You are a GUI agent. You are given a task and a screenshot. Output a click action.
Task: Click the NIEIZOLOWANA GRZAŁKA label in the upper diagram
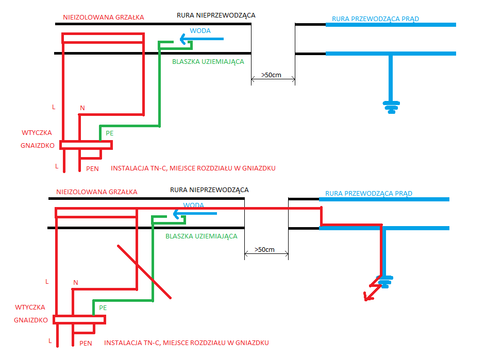click(x=104, y=18)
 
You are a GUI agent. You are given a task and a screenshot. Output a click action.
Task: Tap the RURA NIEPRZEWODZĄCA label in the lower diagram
click(x=209, y=190)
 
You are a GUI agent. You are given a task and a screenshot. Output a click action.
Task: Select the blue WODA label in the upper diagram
click(x=200, y=31)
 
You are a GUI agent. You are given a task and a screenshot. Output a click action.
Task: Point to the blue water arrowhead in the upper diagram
click(x=183, y=39)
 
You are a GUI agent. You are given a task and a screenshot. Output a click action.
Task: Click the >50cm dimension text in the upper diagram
click(x=271, y=75)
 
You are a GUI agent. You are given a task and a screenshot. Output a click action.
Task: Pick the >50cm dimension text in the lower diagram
click(x=264, y=250)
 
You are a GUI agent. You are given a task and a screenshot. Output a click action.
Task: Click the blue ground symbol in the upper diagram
click(x=392, y=107)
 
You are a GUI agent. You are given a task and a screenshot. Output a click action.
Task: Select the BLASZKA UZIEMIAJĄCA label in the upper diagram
click(x=208, y=62)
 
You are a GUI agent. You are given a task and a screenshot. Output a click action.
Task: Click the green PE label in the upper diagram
click(x=110, y=133)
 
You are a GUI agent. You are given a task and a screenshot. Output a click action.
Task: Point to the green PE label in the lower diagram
click(x=103, y=308)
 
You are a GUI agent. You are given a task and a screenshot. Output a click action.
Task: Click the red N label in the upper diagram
click(x=82, y=108)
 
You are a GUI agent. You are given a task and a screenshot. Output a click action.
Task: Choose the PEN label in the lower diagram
click(x=86, y=344)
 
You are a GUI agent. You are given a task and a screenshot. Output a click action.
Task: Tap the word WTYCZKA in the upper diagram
click(x=37, y=132)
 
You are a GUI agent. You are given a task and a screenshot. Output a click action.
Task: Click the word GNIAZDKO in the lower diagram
click(x=31, y=320)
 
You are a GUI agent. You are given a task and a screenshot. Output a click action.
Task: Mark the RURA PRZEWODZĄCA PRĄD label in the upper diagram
click(x=375, y=19)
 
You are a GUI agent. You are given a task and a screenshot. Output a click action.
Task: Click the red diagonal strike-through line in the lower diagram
click(x=144, y=272)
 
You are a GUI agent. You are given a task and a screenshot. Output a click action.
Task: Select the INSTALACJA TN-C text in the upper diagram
click(x=139, y=168)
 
